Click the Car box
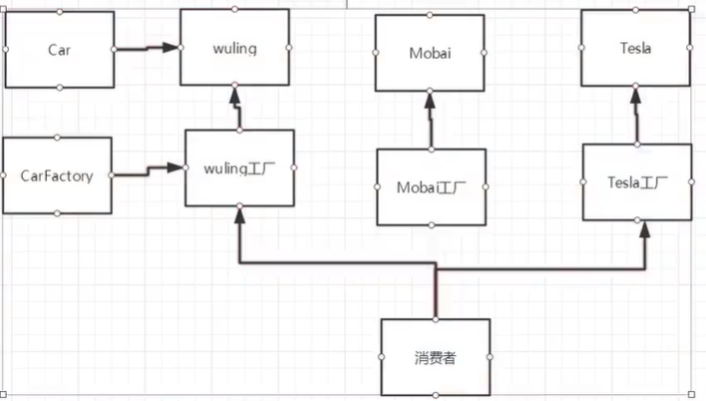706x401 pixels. tap(59, 49)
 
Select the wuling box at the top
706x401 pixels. tap(234, 47)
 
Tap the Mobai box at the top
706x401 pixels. tap(430, 53)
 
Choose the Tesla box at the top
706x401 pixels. tap(635, 47)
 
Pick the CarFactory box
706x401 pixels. tap(58, 176)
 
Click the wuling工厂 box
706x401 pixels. tap(239, 168)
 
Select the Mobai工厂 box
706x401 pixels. tap(431, 187)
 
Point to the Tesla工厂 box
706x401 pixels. tap(636, 182)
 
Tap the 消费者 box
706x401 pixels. tap(436, 356)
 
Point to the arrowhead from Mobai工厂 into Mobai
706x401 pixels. tap(430, 99)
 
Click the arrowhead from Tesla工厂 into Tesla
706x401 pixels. tap(635, 94)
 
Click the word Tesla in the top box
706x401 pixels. tap(635, 47)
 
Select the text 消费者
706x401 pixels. tap(436, 356)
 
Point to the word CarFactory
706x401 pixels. tap(58, 176)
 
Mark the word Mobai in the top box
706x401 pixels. tap(430, 53)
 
